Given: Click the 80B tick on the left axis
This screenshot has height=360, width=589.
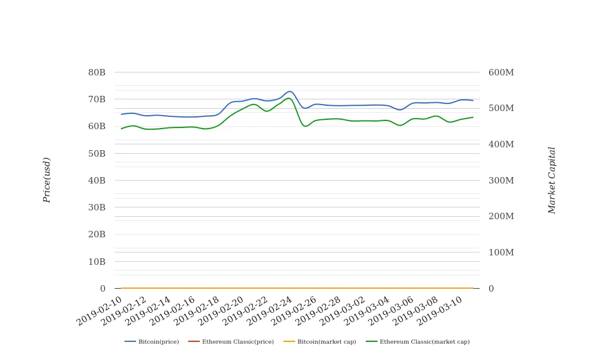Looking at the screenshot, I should (96, 72).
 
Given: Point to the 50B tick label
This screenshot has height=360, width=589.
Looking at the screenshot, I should (96, 154).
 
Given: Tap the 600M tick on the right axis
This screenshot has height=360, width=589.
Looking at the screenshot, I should (501, 72).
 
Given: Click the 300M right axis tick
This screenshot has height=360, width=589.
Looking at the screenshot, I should (501, 181).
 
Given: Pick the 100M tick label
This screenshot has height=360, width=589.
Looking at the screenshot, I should (501, 252).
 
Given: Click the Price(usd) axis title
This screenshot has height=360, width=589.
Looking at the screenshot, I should (47, 180).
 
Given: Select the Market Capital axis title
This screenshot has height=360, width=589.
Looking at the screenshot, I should (552, 180).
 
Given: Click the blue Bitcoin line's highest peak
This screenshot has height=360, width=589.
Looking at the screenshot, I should (290, 91).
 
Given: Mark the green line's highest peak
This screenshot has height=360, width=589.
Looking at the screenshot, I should (289, 98).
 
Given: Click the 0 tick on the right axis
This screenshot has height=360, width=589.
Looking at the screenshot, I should (491, 289).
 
